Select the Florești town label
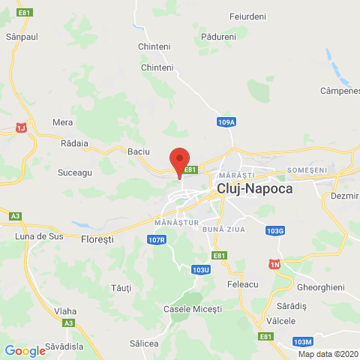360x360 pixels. point(96,239)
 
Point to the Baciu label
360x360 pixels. point(139,151)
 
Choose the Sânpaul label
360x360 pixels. point(21,35)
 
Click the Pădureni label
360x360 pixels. point(219,36)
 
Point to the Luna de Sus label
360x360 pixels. point(37,236)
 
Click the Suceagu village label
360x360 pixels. point(74,172)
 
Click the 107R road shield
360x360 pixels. point(156,239)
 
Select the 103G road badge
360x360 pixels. point(275,230)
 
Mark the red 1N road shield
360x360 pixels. point(274,264)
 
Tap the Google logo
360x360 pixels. point(25,350)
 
